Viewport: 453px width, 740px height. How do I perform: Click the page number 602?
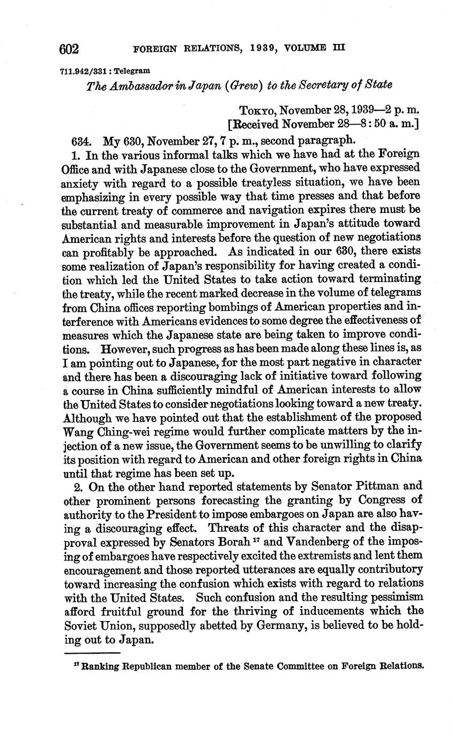click(69, 49)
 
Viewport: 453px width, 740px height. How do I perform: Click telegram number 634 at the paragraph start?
click(80, 141)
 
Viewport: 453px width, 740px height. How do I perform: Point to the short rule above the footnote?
click(92, 653)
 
